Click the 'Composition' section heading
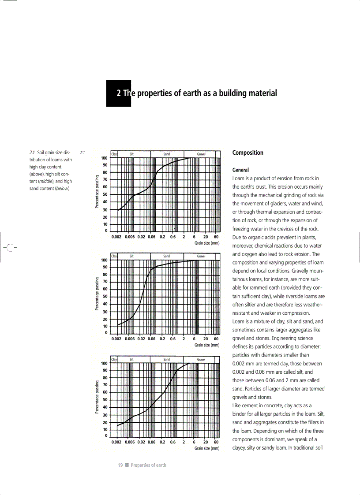247,153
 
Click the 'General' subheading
240,170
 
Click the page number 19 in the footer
120,465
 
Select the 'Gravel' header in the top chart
201,154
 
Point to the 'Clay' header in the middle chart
114,256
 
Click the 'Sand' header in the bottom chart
166,360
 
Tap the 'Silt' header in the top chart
131,154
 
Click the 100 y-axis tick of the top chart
104,158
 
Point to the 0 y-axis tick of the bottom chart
106,436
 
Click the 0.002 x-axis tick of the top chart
117,237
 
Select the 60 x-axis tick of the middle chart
216,339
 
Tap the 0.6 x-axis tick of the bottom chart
173,442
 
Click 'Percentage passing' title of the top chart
97,194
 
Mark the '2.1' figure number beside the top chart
82,153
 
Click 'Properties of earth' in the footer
149,465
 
